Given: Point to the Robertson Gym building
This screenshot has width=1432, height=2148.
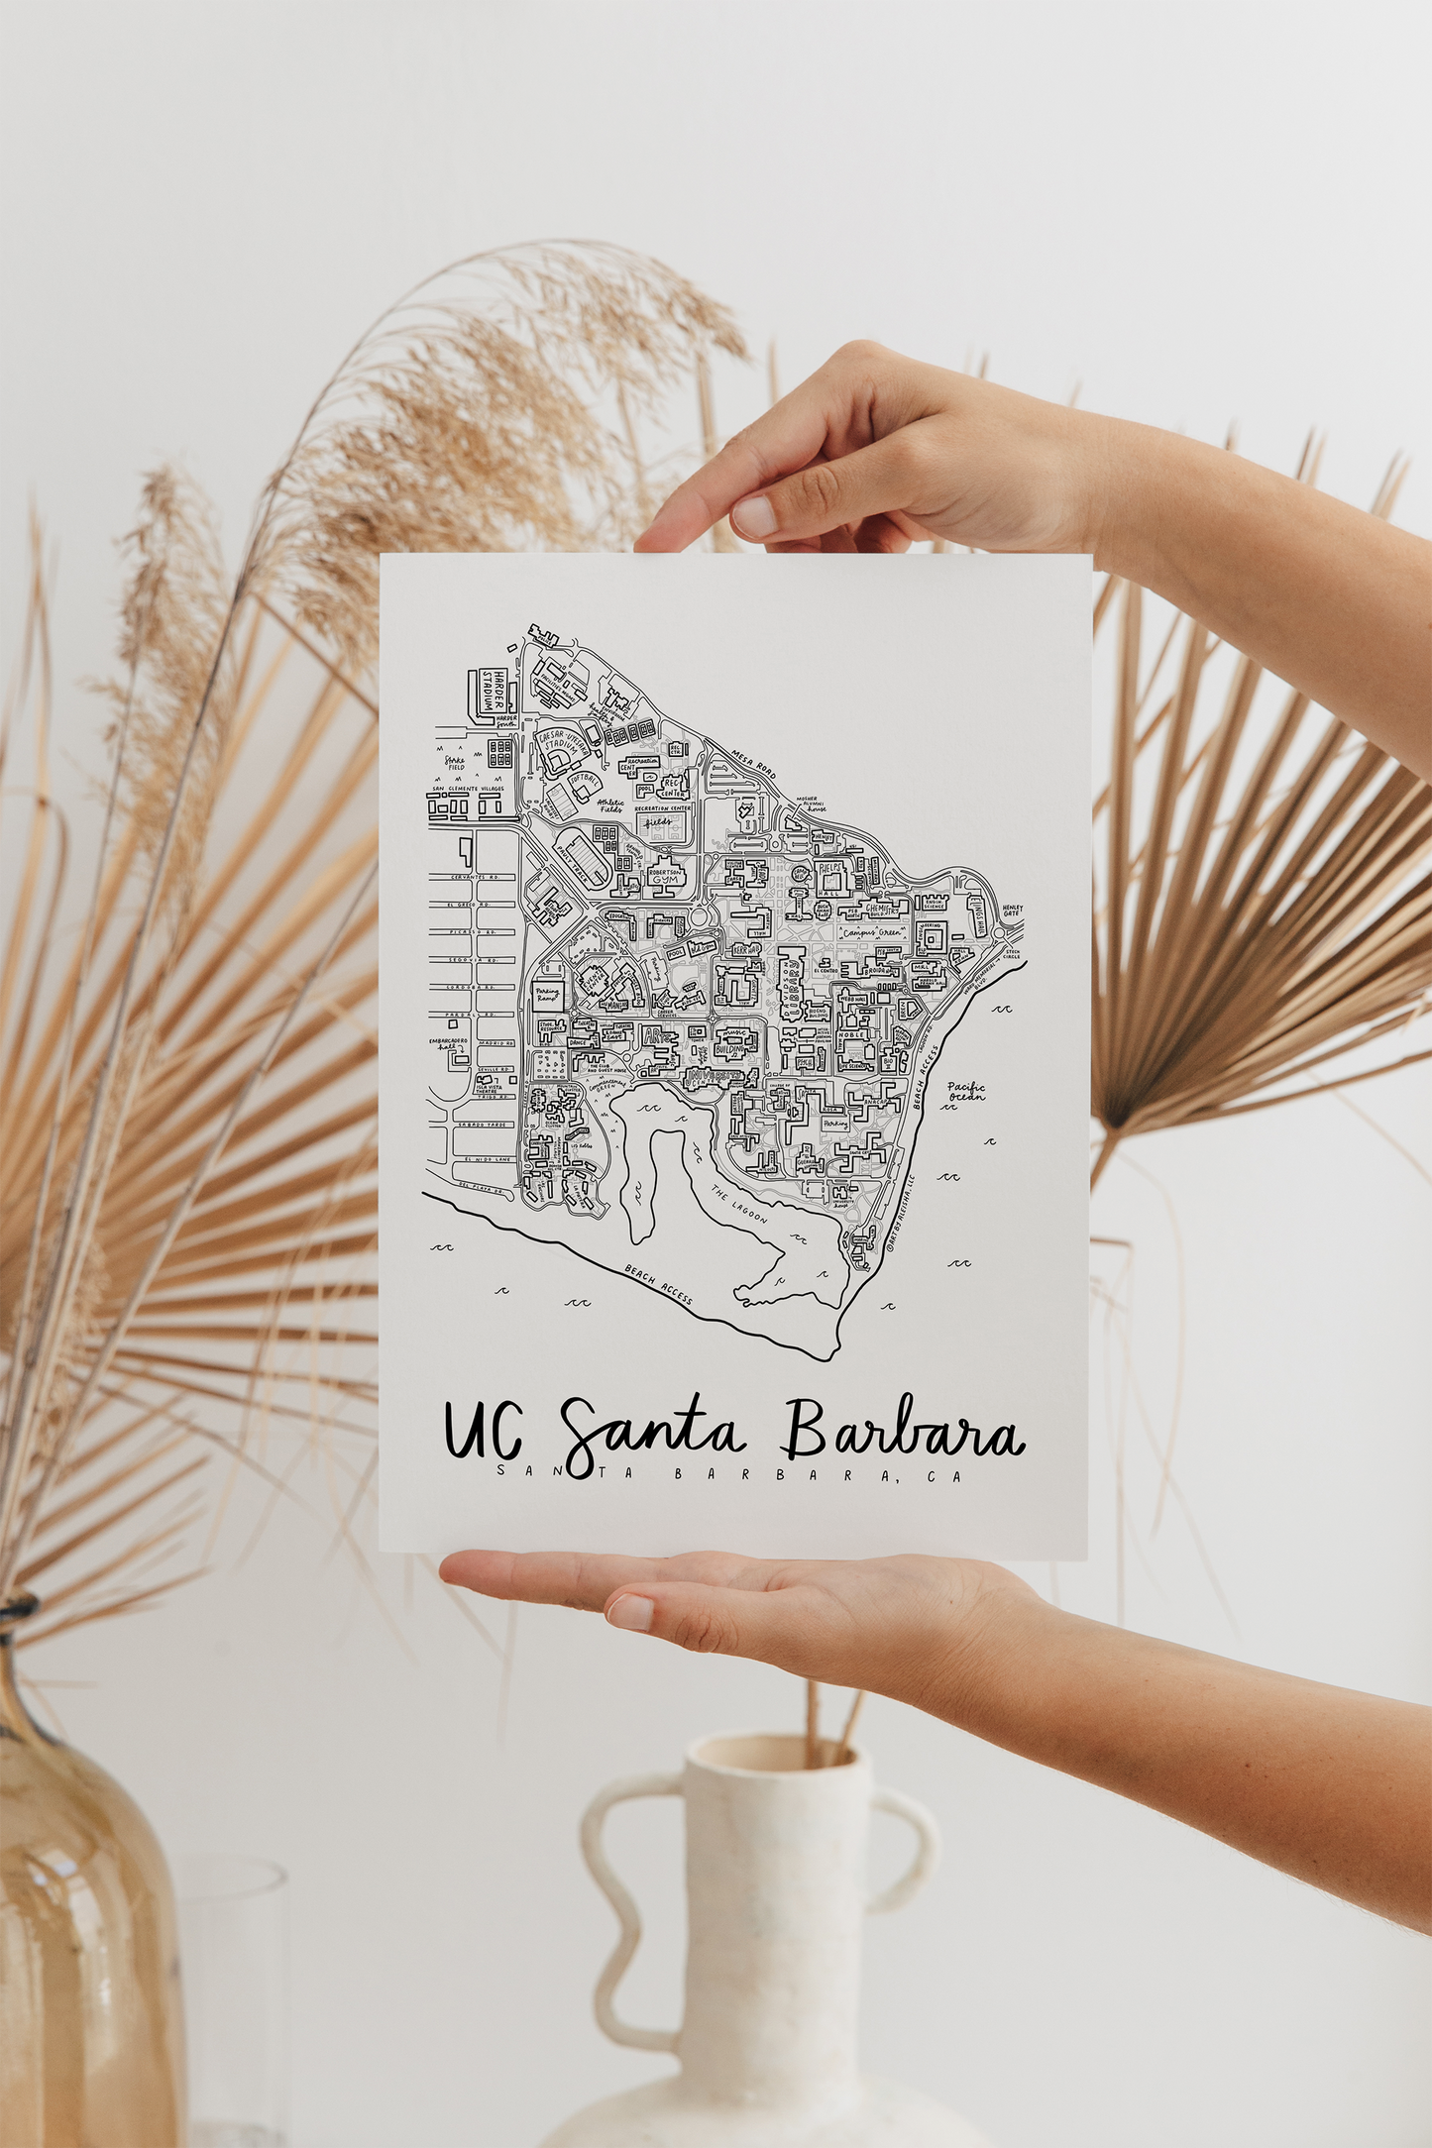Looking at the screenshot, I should (668, 878).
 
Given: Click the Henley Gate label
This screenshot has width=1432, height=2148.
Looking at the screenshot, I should (1011, 910).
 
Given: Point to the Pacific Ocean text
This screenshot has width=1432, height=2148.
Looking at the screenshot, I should (965, 1091).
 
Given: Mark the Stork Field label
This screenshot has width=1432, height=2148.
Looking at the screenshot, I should (455, 763).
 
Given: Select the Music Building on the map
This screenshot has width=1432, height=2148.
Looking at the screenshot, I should (734, 1038).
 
